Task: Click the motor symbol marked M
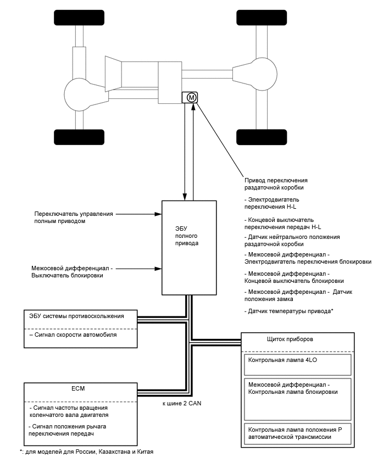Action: (191, 97)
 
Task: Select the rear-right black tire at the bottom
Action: (254, 136)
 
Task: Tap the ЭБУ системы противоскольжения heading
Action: (76, 316)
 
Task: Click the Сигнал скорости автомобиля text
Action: (73, 335)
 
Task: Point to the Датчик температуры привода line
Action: (288, 311)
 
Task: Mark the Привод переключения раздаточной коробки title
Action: (276, 184)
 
